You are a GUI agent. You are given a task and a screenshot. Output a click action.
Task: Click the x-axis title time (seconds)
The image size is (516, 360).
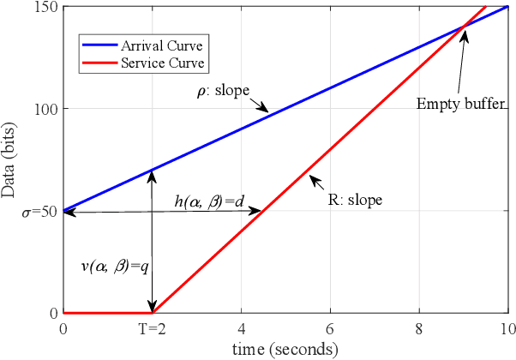coord(286,349)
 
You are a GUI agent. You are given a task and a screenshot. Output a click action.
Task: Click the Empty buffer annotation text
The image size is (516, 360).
coord(454,105)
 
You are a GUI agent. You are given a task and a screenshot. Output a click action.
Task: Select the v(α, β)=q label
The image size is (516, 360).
coord(111,266)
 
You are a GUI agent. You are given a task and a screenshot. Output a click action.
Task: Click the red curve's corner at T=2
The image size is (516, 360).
coord(153,314)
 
